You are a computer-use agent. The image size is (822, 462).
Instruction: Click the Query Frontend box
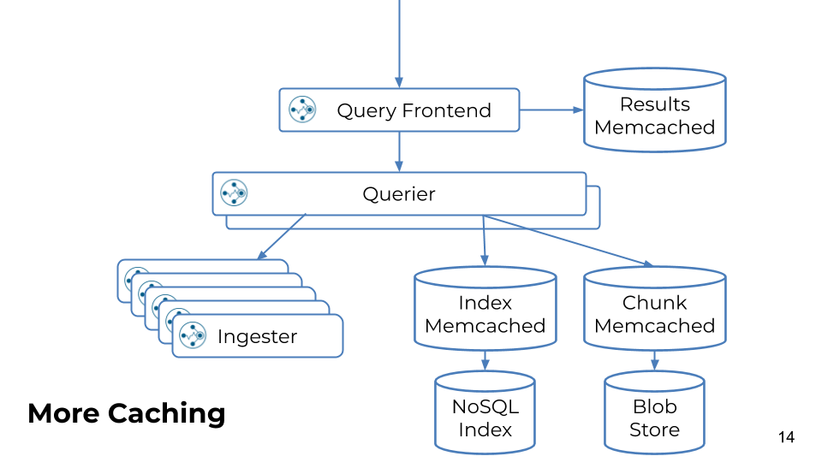(400, 110)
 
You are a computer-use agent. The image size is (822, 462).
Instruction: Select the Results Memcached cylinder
(655, 110)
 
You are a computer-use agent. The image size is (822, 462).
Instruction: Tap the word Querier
(399, 194)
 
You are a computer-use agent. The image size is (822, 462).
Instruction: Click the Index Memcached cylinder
(485, 309)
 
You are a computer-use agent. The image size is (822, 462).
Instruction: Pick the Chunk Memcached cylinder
(655, 309)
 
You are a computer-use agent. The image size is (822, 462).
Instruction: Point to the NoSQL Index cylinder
(485, 412)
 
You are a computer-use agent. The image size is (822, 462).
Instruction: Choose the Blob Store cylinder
(654, 412)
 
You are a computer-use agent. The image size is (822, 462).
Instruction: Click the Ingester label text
(258, 337)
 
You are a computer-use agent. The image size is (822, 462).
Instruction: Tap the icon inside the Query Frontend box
(302, 110)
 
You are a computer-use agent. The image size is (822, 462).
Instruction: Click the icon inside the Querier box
(234, 193)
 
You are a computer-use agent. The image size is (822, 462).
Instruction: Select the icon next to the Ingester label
(193, 335)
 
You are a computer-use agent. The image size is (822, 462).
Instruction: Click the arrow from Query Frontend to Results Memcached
(551, 110)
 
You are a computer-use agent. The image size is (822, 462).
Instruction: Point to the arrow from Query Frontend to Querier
(399, 152)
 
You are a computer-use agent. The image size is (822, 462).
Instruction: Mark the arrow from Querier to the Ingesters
(282, 236)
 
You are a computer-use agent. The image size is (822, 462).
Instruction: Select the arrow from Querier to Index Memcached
(484, 240)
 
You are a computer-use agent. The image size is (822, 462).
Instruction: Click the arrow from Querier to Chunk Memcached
(568, 240)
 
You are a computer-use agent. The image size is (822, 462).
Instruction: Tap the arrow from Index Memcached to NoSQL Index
(485, 360)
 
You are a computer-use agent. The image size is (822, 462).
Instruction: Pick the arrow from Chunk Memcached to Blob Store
(654, 360)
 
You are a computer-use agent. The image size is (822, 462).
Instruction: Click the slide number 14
(786, 437)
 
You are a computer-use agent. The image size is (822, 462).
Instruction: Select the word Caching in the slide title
(167, 414)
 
